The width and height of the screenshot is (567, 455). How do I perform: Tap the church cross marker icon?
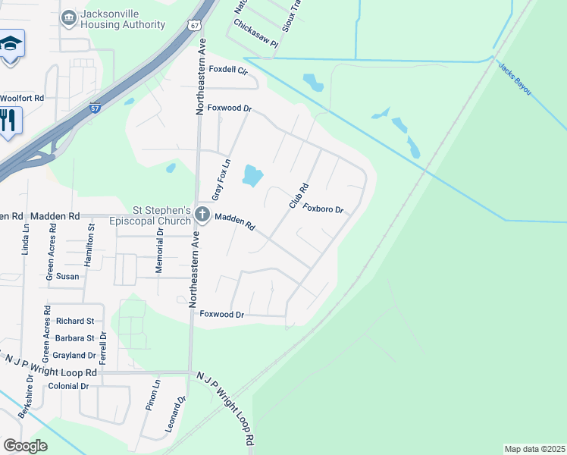coord(202,215)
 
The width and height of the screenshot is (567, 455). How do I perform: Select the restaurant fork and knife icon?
coord(8,121)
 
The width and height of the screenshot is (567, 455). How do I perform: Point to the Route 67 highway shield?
coord(196,25)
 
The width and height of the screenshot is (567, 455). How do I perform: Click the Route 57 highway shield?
coord(95,108)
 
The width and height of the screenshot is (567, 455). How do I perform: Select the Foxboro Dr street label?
coord(324,209)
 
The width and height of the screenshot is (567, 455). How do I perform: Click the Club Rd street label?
coord(298,196)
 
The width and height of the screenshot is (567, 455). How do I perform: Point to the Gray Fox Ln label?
coord(221,180)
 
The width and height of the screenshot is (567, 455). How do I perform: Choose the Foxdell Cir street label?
coord(229,70)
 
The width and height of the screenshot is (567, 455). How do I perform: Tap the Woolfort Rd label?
coord(22,98)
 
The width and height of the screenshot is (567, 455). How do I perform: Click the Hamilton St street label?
coord(91,242)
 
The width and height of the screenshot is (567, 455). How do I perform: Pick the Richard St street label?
coord(75,322)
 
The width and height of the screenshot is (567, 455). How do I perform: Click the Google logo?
coord(25,446)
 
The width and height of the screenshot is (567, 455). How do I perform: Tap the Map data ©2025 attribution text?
coord(534,449)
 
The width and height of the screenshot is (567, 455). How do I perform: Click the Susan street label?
coord(67,277)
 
